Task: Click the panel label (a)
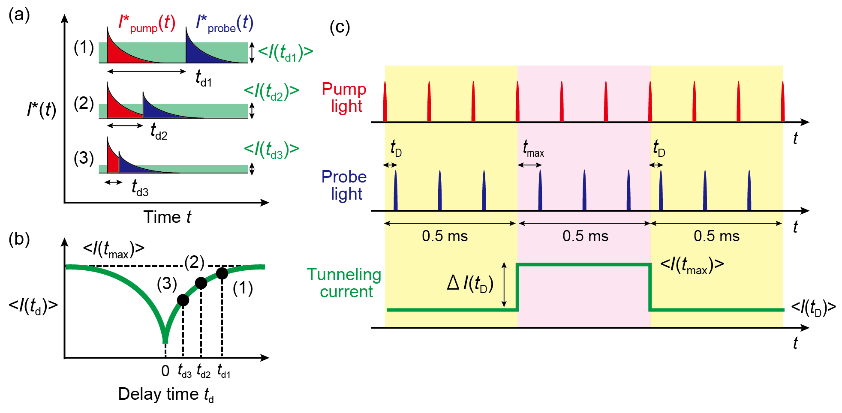coord(19,15)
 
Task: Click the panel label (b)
coord(19,239)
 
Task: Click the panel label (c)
coord(340,27)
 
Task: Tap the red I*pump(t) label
coord(147,24)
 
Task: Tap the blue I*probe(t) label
coord(224,24)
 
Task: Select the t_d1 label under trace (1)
coord(204,78)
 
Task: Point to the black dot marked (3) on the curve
coord(183,300)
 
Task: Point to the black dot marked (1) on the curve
coord(222,273)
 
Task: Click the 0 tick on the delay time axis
coord(165,371)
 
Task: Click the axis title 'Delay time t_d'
coord(166,395)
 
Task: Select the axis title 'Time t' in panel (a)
coord(167,217)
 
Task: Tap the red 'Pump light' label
coord(344,97)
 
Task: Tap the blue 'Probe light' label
coord(344,185)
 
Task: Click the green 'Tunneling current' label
coord(344,283)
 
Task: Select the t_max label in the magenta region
coord(533,149)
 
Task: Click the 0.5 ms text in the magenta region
coord(585,236)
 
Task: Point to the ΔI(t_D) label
coord(470,284)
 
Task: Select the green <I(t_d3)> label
coord(271,150)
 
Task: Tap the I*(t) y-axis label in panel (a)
coord(41,110)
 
